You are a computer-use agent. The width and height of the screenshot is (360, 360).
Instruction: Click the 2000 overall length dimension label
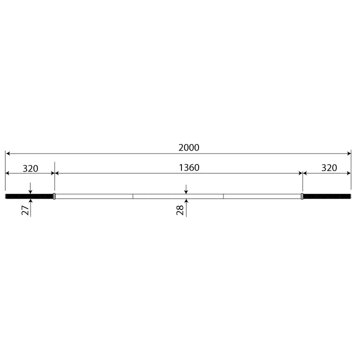pyautogui.click(x=188, y=147)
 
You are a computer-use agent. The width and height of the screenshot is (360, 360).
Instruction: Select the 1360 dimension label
pyautogui.click(x=189, y=167)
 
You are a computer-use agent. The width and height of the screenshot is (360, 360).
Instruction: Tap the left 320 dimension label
pyautogui.click(x=30, y=168)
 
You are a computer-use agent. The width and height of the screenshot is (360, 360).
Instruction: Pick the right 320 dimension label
pyautogui.click(x=329, y=168)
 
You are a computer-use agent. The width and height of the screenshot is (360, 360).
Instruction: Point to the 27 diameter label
pyautogui.click(x=25, y=210)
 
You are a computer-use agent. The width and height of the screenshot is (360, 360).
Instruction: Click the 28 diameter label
pyautogui.click(x=180, y=210)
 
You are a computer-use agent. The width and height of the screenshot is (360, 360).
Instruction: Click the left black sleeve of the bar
pyautogui.click(x=29, y=196)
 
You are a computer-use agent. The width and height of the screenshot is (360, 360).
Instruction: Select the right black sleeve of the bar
pyautogui.click(x=327, y=196)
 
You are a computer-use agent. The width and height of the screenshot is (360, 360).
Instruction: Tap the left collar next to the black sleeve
pyautogui.click(x=54, y=196)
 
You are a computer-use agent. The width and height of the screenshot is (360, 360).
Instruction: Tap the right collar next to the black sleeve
pyautogui.click(x=302, y=196)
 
